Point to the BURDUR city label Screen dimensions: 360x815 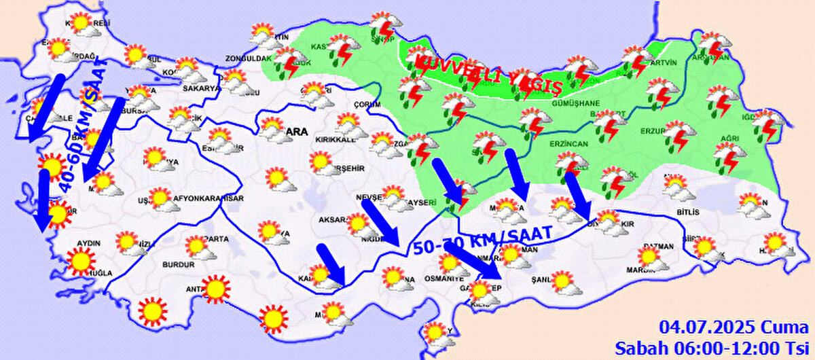tap(179, 264)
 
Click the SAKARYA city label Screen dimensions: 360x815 tap(201, 88)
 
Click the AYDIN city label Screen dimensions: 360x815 tap(90, 242)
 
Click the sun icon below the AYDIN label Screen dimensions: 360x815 tap(81, 261)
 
